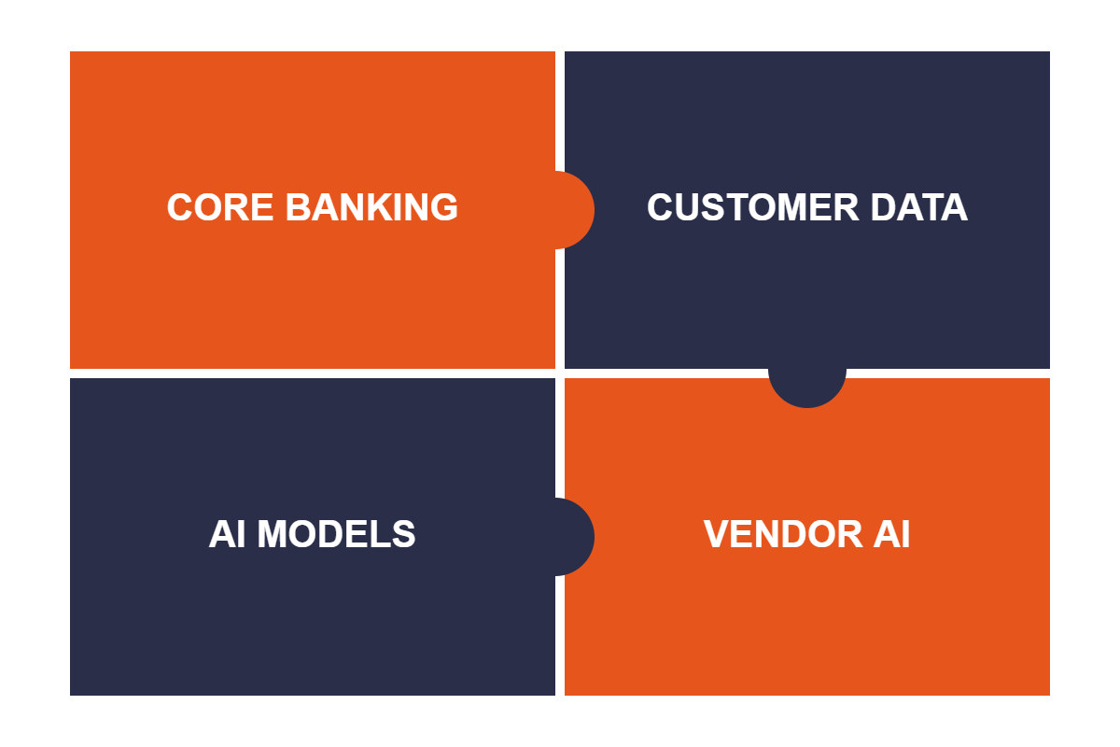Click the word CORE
220,207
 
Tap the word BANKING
371,207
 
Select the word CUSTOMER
752,207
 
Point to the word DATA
919,207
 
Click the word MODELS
336,534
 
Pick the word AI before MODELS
227,534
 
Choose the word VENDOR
783,534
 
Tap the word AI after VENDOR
892,534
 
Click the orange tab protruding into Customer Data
575,210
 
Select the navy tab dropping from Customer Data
807,388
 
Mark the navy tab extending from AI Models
575,537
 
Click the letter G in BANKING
443,207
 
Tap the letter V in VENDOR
717,534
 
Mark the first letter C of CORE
180,207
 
